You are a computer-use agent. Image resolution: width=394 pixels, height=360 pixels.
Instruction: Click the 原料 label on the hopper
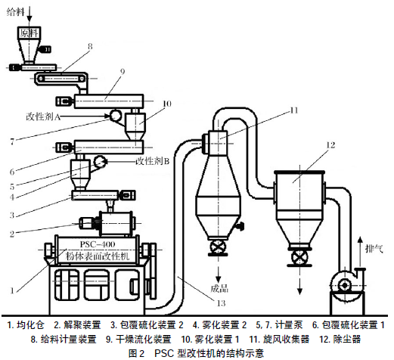[x=29, y=33]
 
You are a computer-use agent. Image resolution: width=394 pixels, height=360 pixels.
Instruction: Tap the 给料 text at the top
[x=15, y=12]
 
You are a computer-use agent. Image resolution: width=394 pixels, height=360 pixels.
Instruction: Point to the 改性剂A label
[x=43, y=116]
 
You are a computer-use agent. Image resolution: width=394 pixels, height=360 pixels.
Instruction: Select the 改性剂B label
[x=153, y=161]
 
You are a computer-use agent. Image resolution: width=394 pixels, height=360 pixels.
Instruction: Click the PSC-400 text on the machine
[x=98, y=244]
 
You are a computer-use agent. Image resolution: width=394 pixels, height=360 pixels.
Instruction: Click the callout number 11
[x=294, y=110]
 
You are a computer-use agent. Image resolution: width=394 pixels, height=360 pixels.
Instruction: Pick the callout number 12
[x=330, y=145]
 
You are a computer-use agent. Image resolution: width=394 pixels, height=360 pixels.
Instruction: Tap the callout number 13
[x=221, y=303]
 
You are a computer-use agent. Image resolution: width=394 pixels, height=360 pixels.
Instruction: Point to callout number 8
[x=90, y=46]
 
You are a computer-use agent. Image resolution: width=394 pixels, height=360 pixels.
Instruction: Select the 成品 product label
[x=219, y=288]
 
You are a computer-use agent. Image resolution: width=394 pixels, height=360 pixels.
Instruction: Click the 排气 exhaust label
[x=374, y=249]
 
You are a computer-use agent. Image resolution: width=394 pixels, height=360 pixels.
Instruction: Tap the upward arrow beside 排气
[x=361, y=252]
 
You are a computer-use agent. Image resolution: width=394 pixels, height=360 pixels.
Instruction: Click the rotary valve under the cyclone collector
[x=218, y=247]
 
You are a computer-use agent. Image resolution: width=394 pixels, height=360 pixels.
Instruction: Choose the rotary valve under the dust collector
[x=299, y=257]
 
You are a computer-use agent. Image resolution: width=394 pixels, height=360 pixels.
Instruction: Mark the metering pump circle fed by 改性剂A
[x=116, y=116]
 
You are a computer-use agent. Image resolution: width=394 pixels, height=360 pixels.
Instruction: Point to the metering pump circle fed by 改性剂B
[x=99, y=161]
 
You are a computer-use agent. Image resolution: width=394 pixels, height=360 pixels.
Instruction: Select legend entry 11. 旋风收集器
[x=279, y=339]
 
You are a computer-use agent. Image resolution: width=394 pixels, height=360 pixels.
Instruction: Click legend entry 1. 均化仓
[x=26, y=325]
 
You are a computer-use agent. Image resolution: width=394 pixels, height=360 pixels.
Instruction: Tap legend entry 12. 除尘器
[x=340, y=339]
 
